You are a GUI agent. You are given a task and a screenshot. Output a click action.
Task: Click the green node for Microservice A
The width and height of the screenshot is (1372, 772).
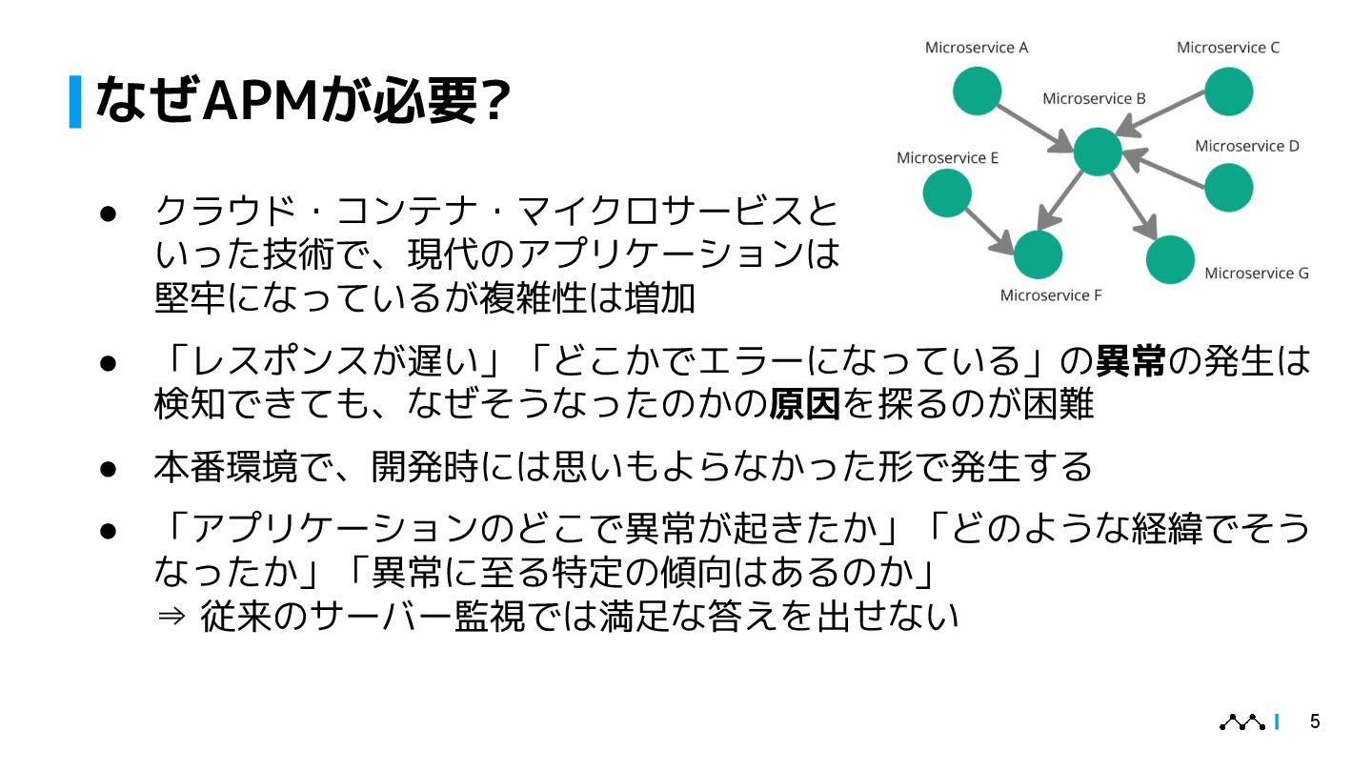coord(977,91)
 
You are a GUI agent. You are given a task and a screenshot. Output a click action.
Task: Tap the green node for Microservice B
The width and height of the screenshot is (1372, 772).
coord(1098,152)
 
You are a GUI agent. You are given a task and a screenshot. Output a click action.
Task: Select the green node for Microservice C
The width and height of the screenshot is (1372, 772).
coord(1228,92)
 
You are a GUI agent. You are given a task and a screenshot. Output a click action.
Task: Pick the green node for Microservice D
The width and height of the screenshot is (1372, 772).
coord(1228,187)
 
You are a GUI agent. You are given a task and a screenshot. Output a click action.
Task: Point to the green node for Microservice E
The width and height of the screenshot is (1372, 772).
coord(947,193)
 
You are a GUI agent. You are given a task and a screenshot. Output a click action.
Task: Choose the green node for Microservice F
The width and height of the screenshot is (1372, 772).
coord(1038,254)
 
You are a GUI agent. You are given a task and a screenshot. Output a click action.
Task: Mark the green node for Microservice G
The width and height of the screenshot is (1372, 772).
coord(1170,259)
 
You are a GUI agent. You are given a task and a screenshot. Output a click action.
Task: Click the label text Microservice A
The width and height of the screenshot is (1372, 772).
coord(977,47)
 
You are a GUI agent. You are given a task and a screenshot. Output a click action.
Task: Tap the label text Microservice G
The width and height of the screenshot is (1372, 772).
coord(1256,274)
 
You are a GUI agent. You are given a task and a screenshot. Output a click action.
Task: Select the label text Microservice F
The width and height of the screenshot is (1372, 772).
coord(1050,295)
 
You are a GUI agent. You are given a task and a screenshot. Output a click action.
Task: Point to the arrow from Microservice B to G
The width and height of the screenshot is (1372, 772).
coord(1134,206)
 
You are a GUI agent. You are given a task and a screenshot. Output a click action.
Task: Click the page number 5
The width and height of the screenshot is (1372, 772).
coord(1315,721)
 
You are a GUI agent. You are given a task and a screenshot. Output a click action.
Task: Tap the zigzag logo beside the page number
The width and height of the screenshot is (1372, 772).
coord(1242,722)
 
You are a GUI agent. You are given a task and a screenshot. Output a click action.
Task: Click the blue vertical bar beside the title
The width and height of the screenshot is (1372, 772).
coord(75,101)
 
